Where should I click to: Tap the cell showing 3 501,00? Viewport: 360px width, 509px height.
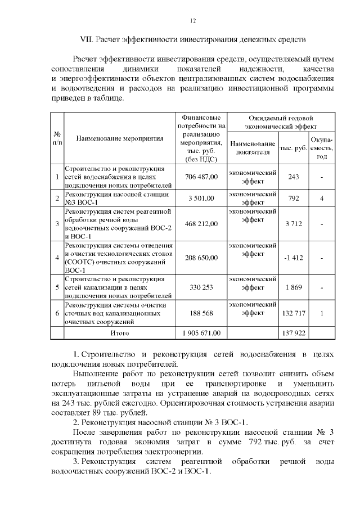click(201, 198)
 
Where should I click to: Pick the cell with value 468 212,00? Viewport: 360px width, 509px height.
click(201, 224)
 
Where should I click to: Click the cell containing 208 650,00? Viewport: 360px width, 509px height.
click(201, 258)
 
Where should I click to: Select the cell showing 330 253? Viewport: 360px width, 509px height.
click(201, 287)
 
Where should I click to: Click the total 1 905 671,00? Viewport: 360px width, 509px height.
click(201, 333)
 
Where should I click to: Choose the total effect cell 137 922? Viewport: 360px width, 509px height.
click(293, 333)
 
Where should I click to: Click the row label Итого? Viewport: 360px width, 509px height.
click(119, 333)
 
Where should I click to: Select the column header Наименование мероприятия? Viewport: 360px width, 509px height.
click(119, 138)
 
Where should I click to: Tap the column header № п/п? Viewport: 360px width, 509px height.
click(57, 138)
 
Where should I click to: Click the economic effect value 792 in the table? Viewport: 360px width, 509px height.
click(293, 198)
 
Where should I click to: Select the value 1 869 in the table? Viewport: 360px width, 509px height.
click(293, 287)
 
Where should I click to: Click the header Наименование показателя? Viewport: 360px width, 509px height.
click(253, 148)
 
